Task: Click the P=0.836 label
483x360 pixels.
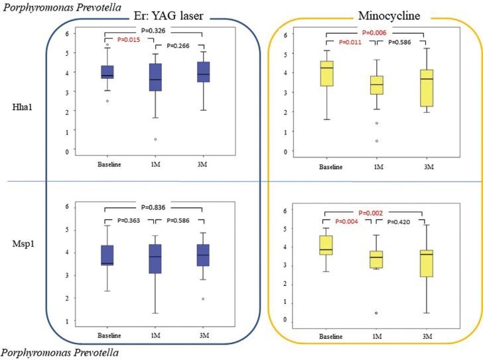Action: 153,207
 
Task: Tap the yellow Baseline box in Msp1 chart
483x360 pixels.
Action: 326,245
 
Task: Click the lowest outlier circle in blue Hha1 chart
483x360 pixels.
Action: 155,139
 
